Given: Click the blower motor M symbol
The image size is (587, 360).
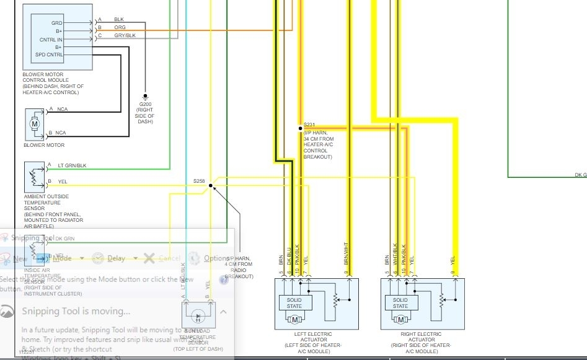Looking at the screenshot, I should pyautogui.click(x=35, y=124).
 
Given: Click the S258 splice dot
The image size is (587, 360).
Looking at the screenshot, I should pyautogui.click(x=211, y=185).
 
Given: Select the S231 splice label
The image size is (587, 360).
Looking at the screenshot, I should pyautogui.click(x=309, y=125).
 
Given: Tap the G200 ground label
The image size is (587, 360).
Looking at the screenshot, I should pyautogui.click(x=144, y=104).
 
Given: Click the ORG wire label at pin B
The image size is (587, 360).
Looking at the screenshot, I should pyautogui.click(x=120, y=27).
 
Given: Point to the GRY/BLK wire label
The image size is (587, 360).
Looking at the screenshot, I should pyautogui.click(x=124, y=35).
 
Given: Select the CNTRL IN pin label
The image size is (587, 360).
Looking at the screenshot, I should pyautogui.click(x=51, y=38).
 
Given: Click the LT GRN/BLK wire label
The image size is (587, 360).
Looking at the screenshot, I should pyautogui.click(x=72, y=165).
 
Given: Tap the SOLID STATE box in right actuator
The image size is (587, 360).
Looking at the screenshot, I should pyautogui.click(x=400, y=303).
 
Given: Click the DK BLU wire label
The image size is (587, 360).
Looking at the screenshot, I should pyautogui.click(x=289, y=262).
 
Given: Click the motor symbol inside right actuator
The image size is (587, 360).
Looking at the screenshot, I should pyautogui.click(x=400, y=320).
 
